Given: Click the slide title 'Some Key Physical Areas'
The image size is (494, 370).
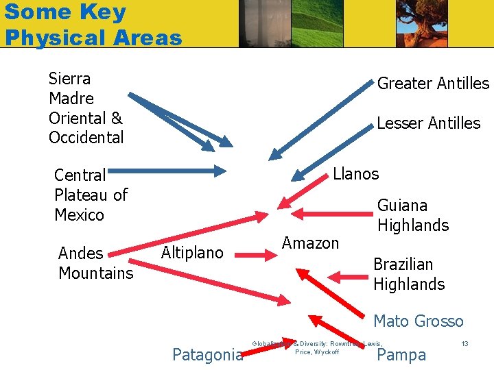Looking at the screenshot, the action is [93, 24].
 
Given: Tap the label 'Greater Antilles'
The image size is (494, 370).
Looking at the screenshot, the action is [433, 84].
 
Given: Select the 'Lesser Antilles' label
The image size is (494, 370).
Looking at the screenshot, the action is [428, 123].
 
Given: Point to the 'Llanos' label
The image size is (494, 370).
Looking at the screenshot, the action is [355, 174].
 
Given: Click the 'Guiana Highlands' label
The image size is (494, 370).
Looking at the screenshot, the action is [412, 215].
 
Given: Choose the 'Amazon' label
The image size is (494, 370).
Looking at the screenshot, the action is [310, 243].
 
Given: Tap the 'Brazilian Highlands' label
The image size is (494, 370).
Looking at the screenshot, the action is [408, 274].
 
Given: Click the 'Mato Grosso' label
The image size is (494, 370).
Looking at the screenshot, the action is [418, 321].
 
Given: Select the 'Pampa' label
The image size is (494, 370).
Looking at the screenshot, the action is [401, 355].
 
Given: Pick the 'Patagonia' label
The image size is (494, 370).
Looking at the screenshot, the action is [207, 355].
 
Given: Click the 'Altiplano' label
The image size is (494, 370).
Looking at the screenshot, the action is [192, 253].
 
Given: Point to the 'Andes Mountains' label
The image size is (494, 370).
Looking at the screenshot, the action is [95, 263].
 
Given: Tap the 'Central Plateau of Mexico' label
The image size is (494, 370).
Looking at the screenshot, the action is [91, 195].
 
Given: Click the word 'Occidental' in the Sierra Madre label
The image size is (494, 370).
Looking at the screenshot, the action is [86, 138].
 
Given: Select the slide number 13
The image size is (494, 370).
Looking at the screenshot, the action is [464, 343].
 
